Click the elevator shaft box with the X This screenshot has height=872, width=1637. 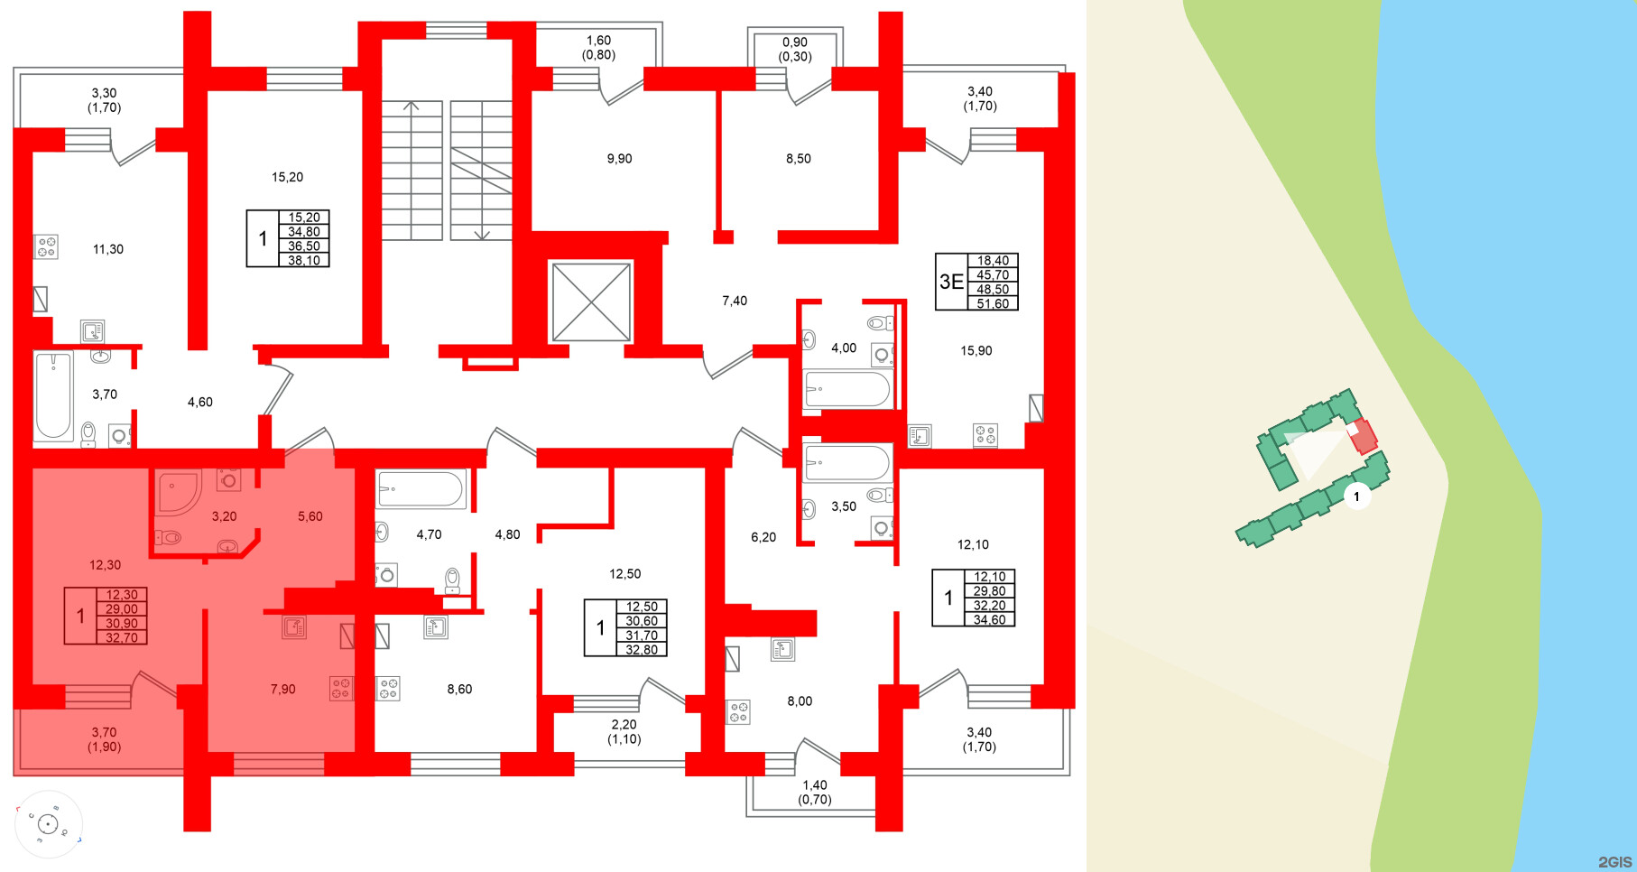coord(591,301)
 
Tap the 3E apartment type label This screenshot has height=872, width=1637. coord(951,282)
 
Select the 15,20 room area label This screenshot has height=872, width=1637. coord(287,177)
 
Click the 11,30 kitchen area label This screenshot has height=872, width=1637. coord(108,249)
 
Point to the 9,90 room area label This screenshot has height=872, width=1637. coord(619,159)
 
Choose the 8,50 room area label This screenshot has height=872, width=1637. coord(798,159)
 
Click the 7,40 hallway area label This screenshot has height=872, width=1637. coord(735,301)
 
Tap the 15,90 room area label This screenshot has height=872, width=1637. coord(976,350)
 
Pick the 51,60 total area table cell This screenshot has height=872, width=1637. coord(993,304)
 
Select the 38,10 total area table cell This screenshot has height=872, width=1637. coord(304,261)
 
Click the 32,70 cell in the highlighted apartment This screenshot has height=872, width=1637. coord(122,637)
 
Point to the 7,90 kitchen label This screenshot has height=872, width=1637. coord(282,689)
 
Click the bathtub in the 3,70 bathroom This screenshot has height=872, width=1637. coord(53,396)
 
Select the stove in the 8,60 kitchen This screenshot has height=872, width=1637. coord(388,689)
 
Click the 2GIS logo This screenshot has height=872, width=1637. coord(1614,861)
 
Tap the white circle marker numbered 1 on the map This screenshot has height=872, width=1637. coord(1355,496)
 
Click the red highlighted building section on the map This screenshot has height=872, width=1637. coord(1364,437)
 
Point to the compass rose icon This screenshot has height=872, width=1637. coord(48,823)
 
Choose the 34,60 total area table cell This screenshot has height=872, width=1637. coord(989,620)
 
